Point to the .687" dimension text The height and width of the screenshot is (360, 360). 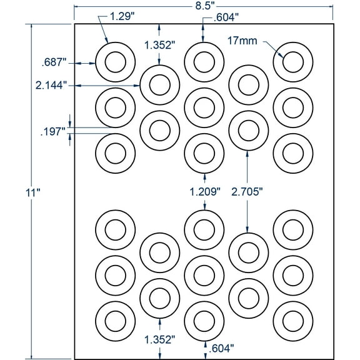pyautogui.click(x=51, y=62)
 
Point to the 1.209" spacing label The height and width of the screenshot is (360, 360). pyautogui.click(x=204, y=191)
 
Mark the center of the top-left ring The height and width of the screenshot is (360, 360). pyautogui.click(x=115, y=61)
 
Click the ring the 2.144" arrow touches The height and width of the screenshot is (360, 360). pyautogui.click(x=159, y=85)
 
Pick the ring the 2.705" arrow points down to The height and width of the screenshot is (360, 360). pyautogui.click(x=248, y=251)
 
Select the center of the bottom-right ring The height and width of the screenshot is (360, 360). pyautogui.click(x=293, y=321)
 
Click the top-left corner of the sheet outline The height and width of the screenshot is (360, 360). pyautogui.click(x=75, y=24)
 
